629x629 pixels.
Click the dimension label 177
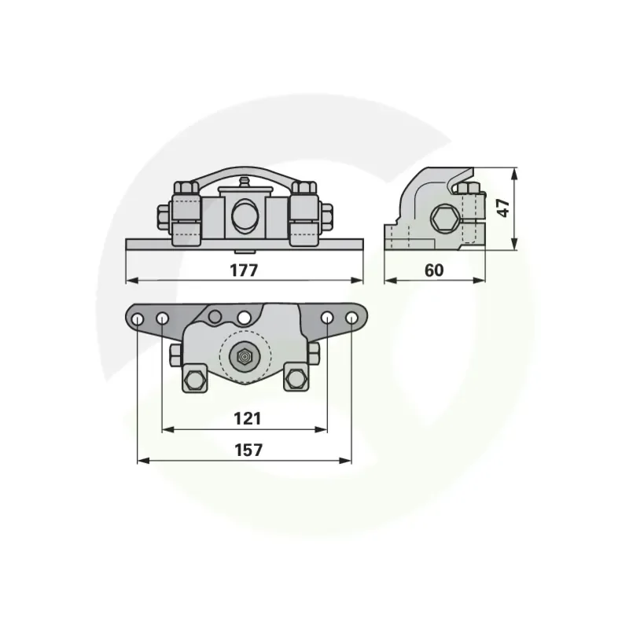pyautogui.click(x=244, y=270)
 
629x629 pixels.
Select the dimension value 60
pyautogui.click(x=434, y=270)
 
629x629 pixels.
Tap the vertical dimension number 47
pyautogui.click(x=503, y=208)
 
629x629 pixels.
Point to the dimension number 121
pyautogui.click(x=248, y=418)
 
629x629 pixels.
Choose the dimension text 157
pyautogui.click(x=248, y=450)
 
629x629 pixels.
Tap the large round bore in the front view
pyautogui.click(x=244, y=215)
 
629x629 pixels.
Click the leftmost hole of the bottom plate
pyautogui.click(x=137, y=319)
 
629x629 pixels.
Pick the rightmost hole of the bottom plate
pyautogui.click(x=351, y=318)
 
